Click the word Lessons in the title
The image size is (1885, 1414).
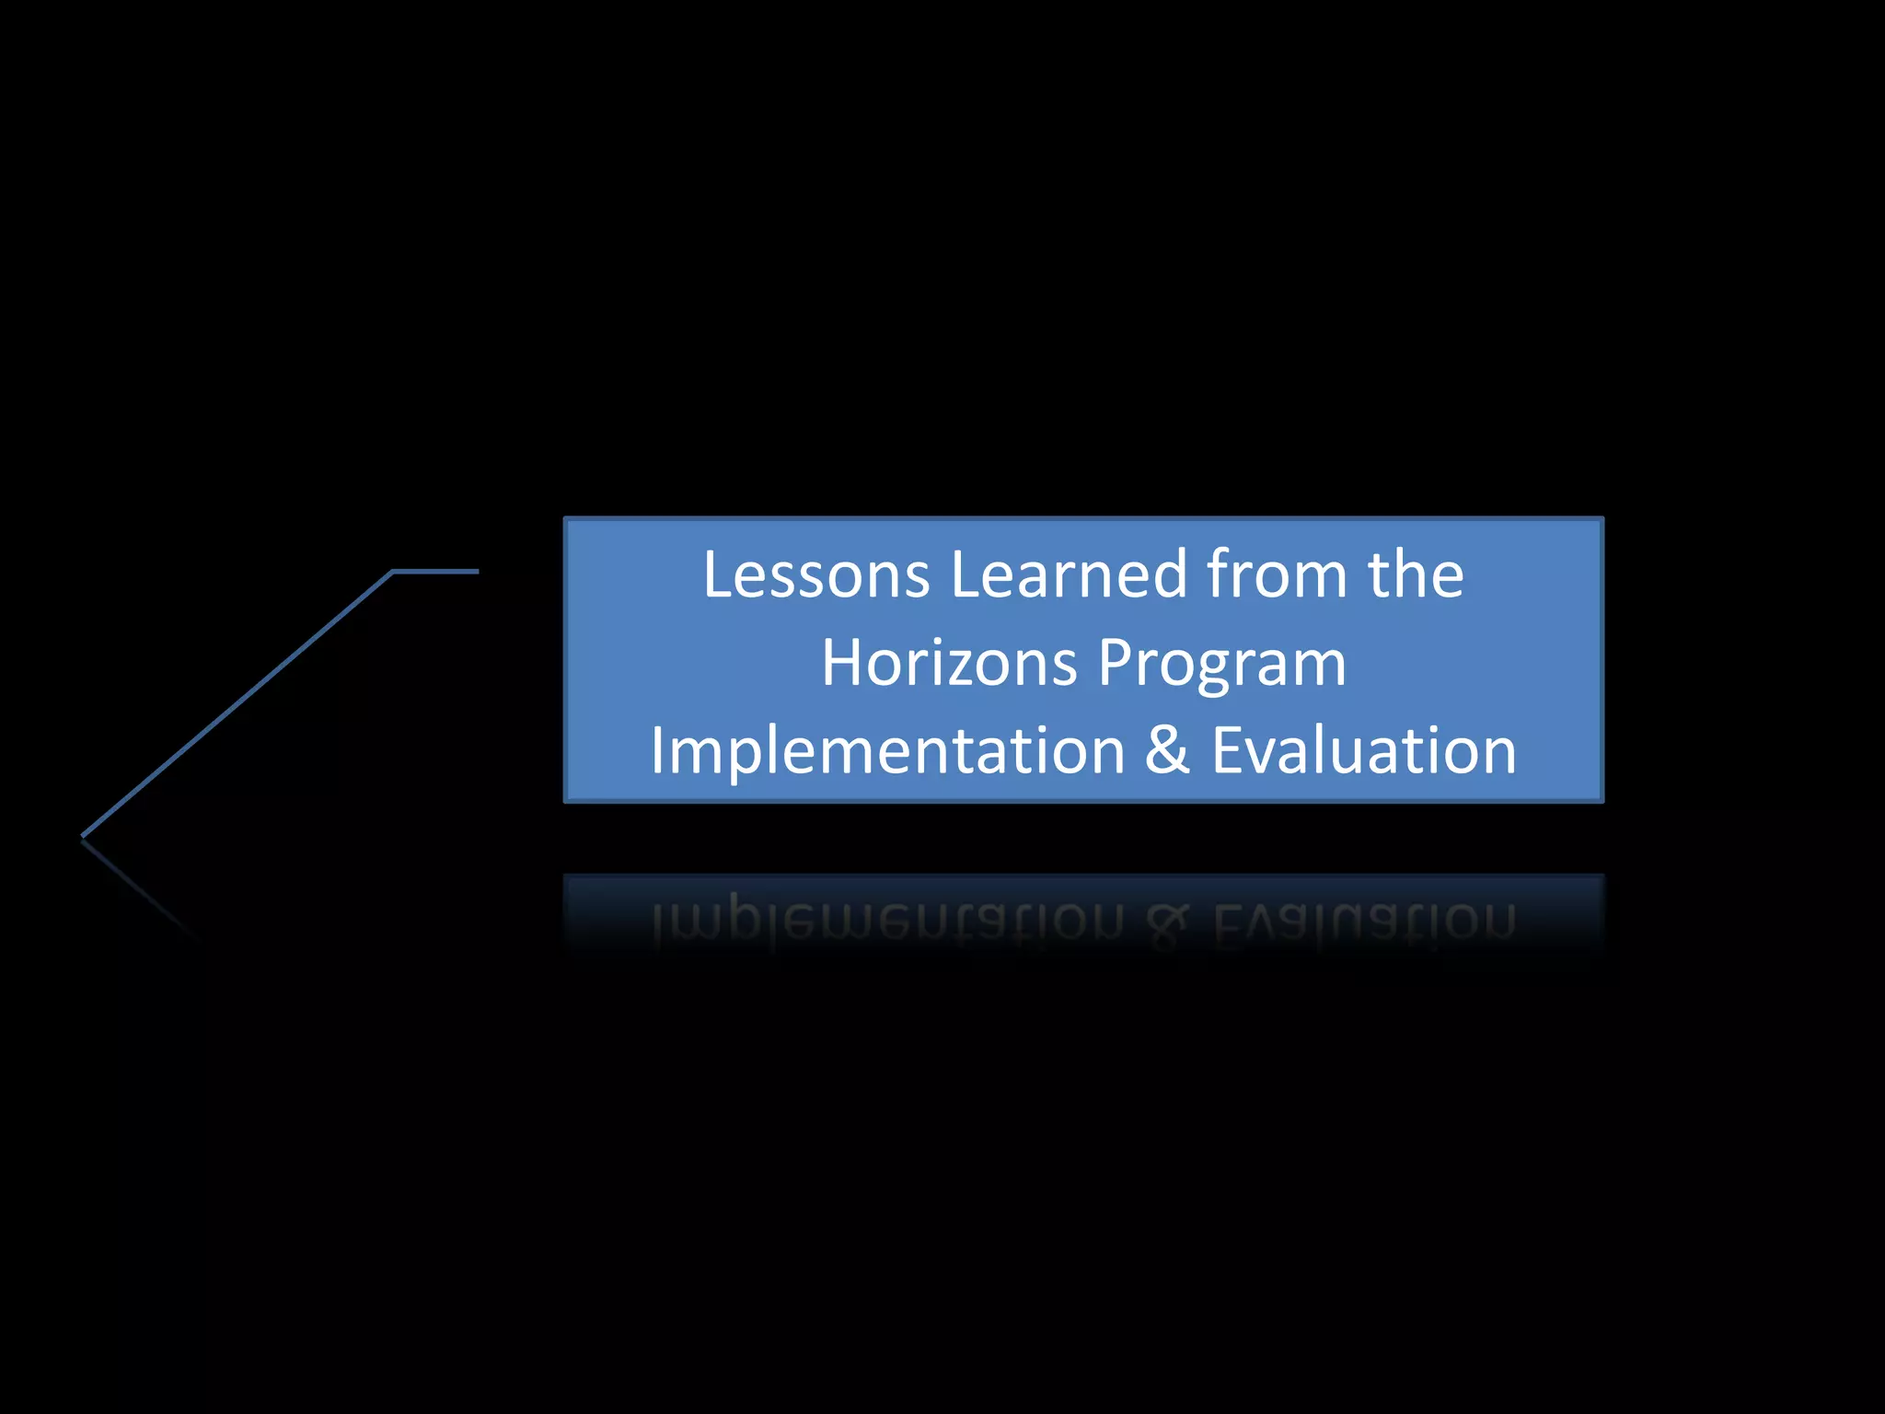[x=815, y=575]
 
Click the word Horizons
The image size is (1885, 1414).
[x=948, y=663]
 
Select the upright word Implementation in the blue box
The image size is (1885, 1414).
[x=887, y=751]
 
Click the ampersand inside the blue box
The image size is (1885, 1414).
[x=1167, y=751]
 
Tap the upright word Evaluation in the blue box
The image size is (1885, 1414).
[x=1363, y=751]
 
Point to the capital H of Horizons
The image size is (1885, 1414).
[x=844, y=663]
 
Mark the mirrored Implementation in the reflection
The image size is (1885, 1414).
[x=887, y=921]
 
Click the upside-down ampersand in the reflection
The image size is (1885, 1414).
[x=1168, y=921]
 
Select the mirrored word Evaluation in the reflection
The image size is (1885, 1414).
[x=1363, y=921]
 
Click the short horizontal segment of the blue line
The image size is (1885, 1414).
[x=436, y=572]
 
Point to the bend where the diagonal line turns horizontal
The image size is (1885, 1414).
[x=393, y=573]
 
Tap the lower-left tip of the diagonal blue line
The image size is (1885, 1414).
[x=84, y=836]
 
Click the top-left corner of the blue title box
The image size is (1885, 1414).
[x=566, y=519]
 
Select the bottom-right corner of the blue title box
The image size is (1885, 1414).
[x=1602, y=801]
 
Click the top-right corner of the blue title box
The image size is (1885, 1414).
[x=1602, y=519]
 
